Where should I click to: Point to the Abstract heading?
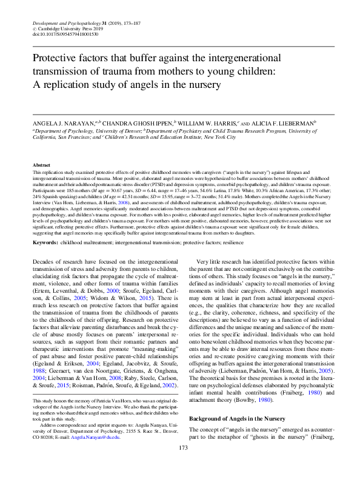(x=42, y=165)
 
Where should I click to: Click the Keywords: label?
(x=50, y=243)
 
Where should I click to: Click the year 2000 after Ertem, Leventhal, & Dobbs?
(x=122, y=291)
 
